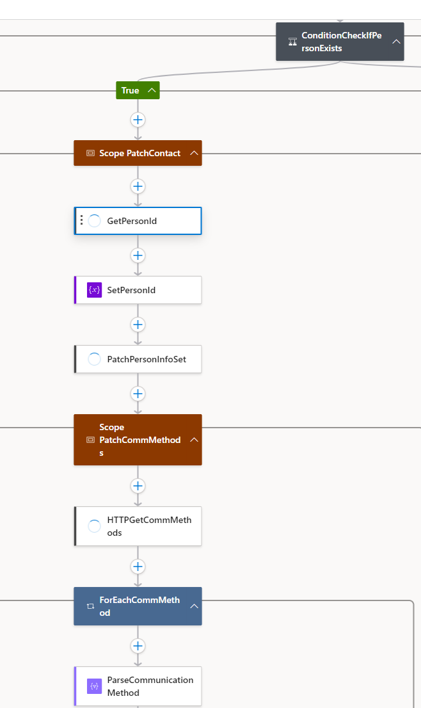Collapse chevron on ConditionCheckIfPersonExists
396,42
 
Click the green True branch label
131,90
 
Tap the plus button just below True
138,120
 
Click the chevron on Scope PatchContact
194,153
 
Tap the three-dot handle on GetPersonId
81,220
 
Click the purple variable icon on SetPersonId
94,290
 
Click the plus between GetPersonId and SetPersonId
138,255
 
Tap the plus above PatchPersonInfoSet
138,325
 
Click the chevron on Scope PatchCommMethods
194,440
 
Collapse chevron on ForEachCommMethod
194,606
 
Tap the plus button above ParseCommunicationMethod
138,645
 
